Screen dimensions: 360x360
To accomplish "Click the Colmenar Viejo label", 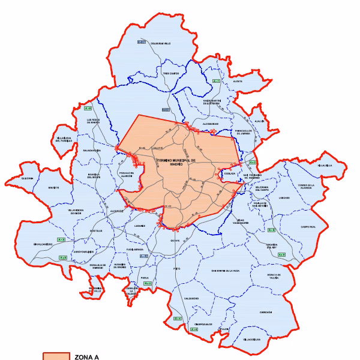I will (160, 43).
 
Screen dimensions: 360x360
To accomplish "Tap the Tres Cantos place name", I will (170, 74).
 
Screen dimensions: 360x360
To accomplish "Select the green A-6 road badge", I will (88, 108).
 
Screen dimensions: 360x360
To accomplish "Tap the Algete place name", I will (238, 80).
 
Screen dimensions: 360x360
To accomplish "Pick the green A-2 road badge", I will (253, 163).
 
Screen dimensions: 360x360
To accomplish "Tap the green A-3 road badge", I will (271, 230).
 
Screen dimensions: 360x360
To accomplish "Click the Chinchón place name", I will (266, 312).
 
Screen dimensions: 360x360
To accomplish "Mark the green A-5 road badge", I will (61, 240).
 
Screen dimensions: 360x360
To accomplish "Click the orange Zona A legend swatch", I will (56, 356).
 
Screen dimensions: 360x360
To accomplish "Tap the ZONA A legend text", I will (86, 357).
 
